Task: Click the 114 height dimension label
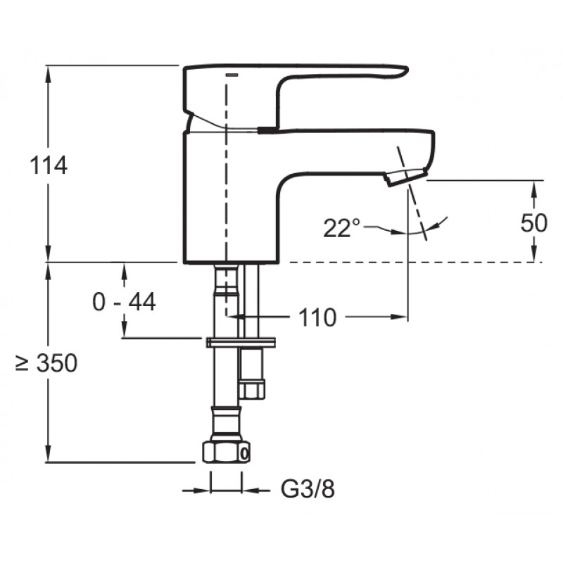click(48, 165)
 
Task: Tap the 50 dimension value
click(534, 222)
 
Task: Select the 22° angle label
click(341, 228)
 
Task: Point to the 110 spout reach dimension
click(317, 317)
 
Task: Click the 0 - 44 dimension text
click(125, 302)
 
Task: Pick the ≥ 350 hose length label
click(46, 362)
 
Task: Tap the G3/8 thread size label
click(308, 488)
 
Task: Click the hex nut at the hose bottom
click(225, 452)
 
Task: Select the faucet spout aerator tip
click(406, 177)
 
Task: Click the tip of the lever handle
click(405, 71)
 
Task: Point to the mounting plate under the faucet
click(241, 342)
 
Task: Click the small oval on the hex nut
click(244, 454)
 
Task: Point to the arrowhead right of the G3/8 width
click(251, 490)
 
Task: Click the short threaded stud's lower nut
click(252, 390)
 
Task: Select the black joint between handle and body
click(268, 130)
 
